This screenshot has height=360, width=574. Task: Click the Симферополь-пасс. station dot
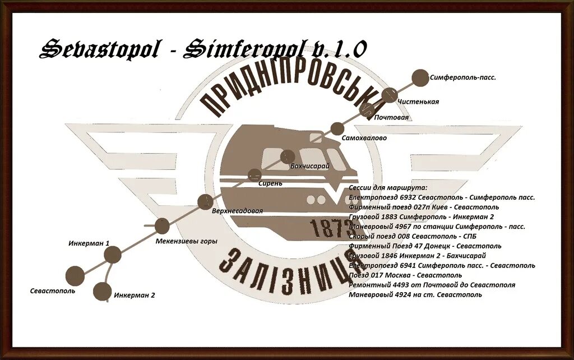coord(419,78)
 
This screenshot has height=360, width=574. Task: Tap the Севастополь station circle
coord(75,275)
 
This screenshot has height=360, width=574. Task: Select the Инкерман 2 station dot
coord(102,291)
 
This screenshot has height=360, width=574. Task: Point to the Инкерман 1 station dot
coord(113,255)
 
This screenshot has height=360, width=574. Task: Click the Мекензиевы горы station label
coord(186,242)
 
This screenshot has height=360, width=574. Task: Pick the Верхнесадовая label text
coord(237,211)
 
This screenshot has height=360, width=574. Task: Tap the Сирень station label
coord(270,183)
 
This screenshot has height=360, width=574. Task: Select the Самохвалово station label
coord(364,137)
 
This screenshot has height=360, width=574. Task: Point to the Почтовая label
coord(392,118)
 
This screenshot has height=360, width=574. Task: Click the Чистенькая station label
coord(418,101)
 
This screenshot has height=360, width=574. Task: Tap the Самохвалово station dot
coord(337,128)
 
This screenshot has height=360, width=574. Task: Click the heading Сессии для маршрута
coord(388,187)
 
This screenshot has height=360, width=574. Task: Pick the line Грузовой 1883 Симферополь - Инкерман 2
coord(421,216)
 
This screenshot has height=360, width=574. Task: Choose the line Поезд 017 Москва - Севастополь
coord(405,275)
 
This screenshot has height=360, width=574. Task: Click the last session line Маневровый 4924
coord(415,294)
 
